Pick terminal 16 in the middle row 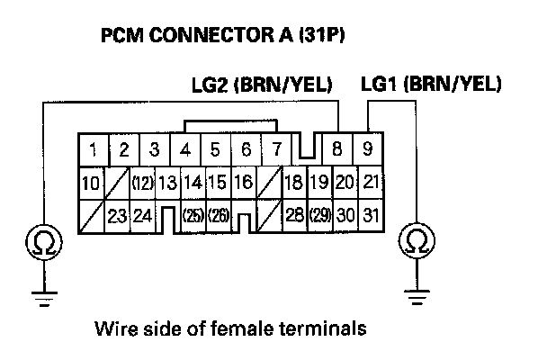click(243, 183)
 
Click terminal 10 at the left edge click(91, 183)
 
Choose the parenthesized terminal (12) click(141, 183)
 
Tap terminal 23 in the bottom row click(116, 216)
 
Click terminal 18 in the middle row click(293, 183)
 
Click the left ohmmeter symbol click(42, 241)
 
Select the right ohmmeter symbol click(416, 241)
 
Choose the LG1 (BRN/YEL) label click(430, 85)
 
